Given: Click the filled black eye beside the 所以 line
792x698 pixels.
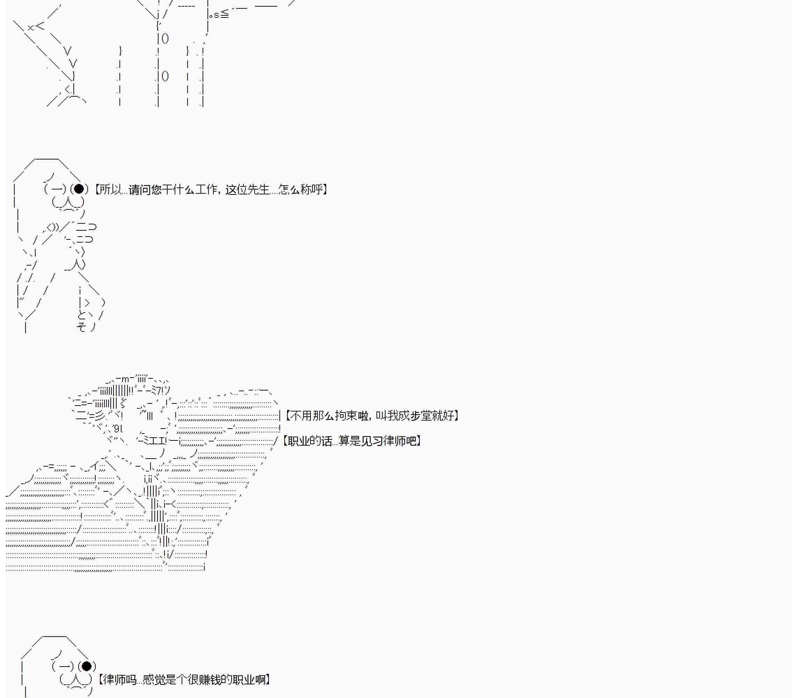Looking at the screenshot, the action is click(79, 189).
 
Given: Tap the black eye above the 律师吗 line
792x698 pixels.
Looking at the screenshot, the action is click(87, 666).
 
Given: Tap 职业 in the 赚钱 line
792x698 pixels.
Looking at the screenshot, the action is click(244, 680).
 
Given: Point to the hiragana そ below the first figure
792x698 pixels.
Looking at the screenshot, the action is click(81, 327).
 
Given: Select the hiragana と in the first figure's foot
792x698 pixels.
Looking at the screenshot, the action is click(82, 315).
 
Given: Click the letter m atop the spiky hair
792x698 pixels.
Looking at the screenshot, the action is click(125, 379).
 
